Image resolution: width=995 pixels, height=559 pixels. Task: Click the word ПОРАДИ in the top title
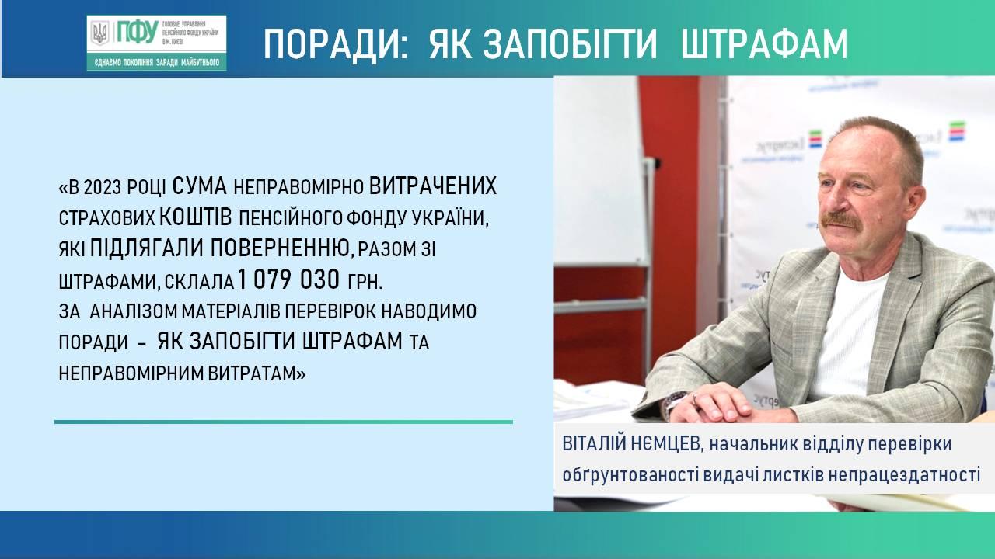[x=335, y=44]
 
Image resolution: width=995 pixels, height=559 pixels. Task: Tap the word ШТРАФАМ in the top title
[x=764, y=44]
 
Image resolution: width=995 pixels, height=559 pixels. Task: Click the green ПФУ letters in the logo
[x=138, y=32]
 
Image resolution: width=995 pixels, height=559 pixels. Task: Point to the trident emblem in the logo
[x=100, y=33]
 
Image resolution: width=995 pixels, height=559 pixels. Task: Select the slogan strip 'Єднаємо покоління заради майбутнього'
[x=157, y=63]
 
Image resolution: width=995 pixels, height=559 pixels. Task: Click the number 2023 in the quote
[x=102, y=188]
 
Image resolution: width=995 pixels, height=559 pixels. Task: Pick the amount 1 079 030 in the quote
[x=288, y=279]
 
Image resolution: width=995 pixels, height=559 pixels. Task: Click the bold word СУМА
[x=200, y=187]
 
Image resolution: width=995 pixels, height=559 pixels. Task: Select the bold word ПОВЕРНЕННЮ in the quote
[x=280, y=248]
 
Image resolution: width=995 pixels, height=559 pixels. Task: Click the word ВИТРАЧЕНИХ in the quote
[x=433, y=187]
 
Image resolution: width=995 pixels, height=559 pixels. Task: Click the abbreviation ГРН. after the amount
[x=365, y=281]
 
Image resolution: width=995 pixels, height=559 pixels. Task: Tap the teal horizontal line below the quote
[x=284, y=422]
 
